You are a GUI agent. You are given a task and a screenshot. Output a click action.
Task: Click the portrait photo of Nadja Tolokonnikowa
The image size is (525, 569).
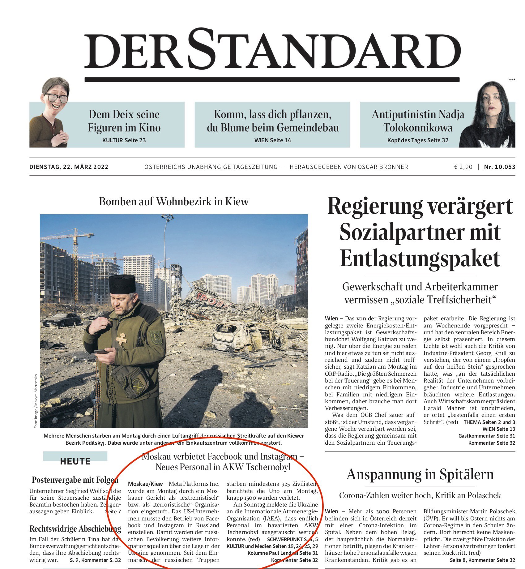[x=489, y=116]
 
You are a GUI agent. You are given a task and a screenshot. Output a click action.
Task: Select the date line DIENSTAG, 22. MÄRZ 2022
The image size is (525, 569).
[x=69, y=167]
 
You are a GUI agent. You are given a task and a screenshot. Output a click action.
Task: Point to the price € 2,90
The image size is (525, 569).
[x=463, y=167]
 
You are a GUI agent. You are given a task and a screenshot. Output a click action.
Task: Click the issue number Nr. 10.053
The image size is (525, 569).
[x=500, y=167]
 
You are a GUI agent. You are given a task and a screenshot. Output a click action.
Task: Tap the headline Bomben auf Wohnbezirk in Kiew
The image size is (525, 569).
[x=174, y=202]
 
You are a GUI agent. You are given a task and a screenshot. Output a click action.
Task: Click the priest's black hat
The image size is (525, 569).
[x=122, y=284]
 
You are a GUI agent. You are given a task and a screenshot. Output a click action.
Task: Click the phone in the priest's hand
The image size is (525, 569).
[x=101, y=352]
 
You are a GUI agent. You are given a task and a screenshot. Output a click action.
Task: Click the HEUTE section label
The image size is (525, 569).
[x=75, y=461]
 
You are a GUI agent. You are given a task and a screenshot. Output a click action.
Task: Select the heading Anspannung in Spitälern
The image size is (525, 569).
[x=420, y=475]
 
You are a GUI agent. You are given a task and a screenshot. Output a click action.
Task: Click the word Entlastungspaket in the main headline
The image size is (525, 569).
[x=420, y=259]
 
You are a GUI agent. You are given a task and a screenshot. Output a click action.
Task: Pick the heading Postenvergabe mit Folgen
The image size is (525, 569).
[x=75, y=480]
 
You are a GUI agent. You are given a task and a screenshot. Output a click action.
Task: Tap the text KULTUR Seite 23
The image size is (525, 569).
[x=124, y=140]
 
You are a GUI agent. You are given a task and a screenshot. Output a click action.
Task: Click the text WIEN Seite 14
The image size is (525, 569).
[x=273, y=140]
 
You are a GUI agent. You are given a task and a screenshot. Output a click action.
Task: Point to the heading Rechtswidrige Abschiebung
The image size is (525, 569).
[x=75, y=529]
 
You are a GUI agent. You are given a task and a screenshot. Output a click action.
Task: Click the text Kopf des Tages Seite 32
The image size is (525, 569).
[x=418, y=140]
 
